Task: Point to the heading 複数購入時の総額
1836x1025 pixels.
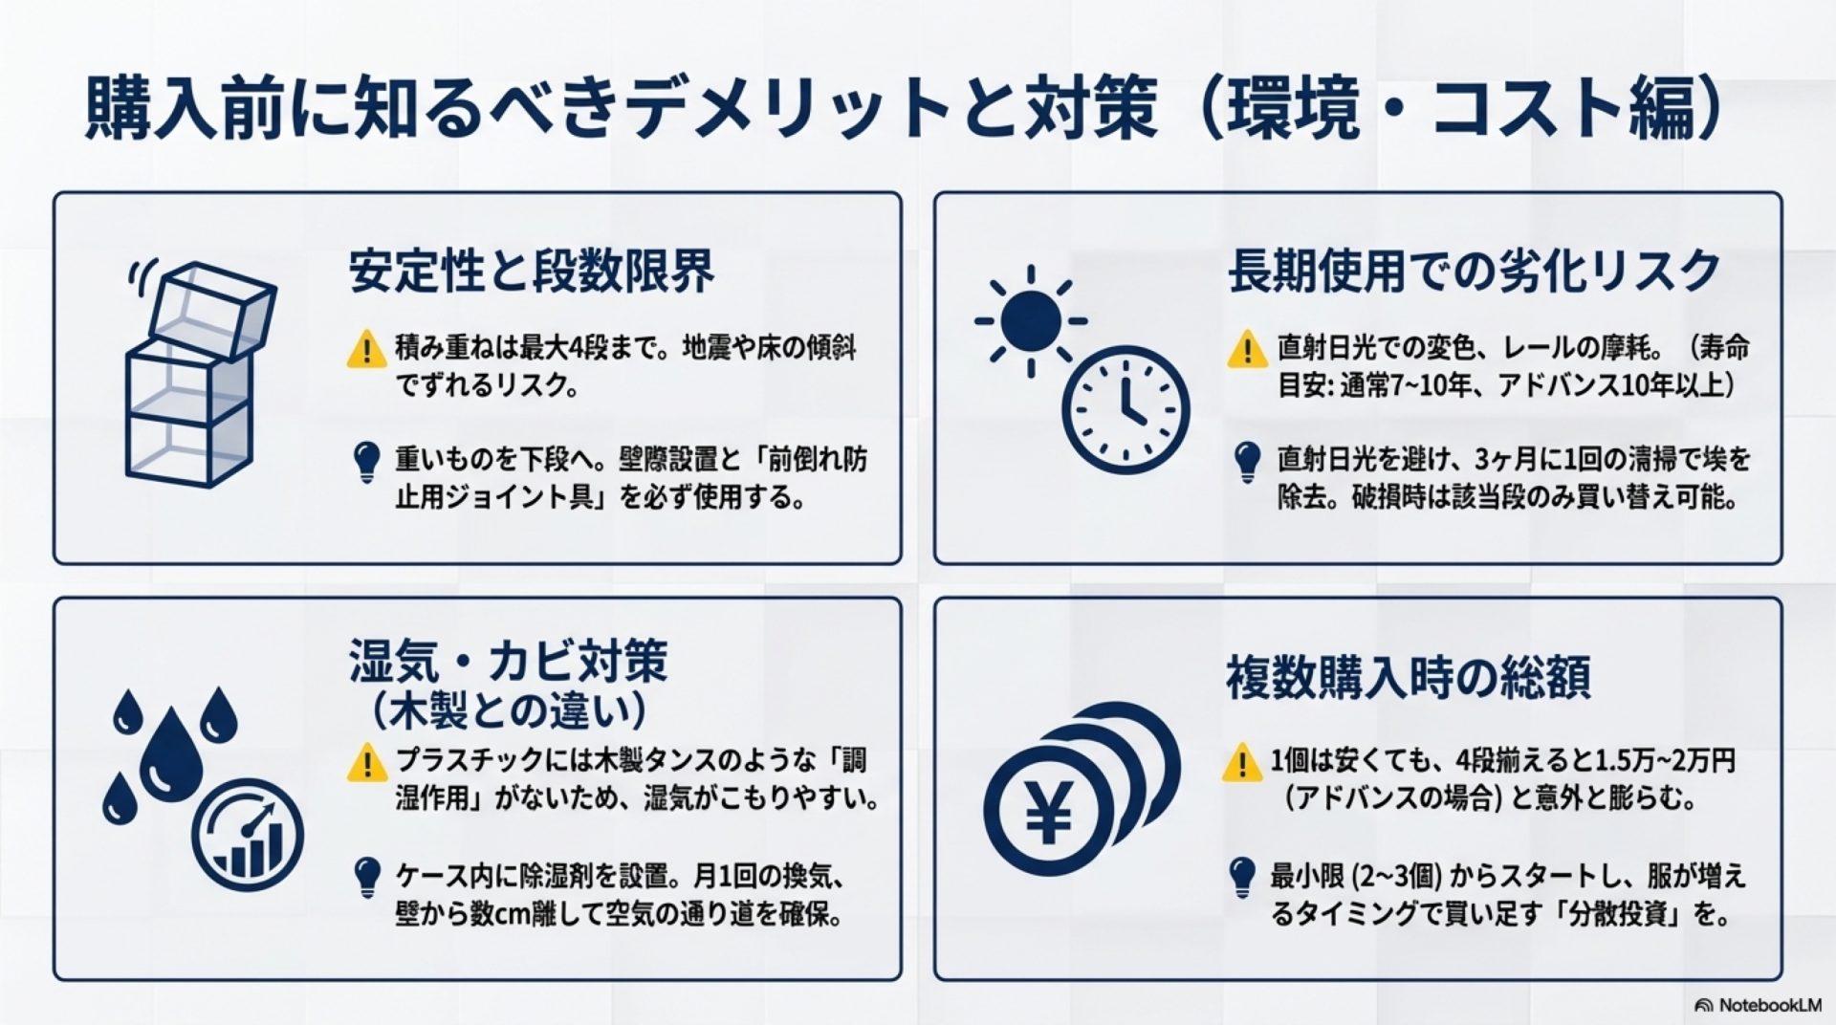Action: click(x=1409, y=677)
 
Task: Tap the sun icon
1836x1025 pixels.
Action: click(x=1031, y=321)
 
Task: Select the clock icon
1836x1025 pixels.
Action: click(x=1126, y=409)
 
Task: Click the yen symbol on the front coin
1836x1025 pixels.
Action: click(x=1048, y=812)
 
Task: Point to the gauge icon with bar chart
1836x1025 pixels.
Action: click(x=248, y=835)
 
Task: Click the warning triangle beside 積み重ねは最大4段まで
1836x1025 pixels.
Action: click(x=366, y=349)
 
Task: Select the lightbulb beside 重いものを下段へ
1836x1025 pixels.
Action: click(x=366, y=462)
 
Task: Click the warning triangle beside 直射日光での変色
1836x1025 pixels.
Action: click(x=1247, y=349)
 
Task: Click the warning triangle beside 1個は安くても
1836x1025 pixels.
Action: click(x=1241, y=762)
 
